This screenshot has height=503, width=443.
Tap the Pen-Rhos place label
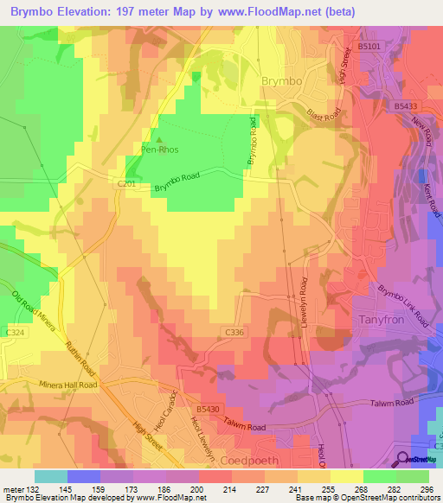coord(160,148)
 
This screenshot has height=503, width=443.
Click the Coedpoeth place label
coord(257,460)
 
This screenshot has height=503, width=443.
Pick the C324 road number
coord(14,331)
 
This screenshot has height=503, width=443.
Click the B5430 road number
coord(208,409)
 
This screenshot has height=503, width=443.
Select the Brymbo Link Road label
coord(403,303)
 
